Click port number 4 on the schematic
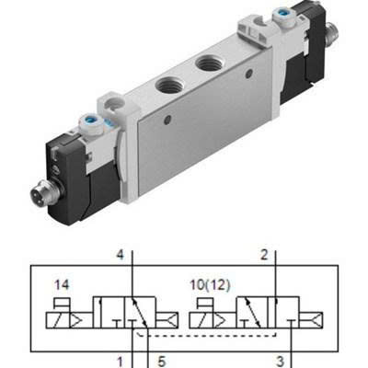point(121,255)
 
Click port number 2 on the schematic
point(264,255)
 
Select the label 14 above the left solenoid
point(62,285)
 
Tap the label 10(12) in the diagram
point(210,285)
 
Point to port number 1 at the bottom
point(121,362)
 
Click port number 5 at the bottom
point(162,362)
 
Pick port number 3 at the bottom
point(280,362)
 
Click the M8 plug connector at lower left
point(40,194)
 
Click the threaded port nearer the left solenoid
point(167,86)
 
